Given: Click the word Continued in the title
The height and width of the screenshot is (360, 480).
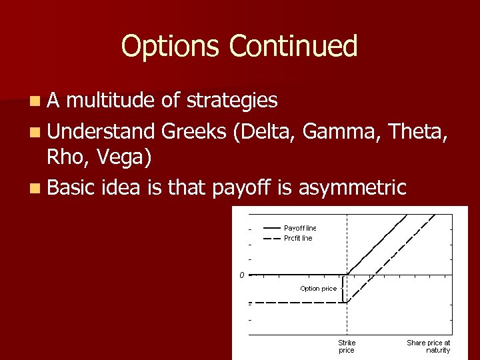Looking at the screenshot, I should [293, 47].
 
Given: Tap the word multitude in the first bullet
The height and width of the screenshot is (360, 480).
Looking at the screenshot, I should [113, 101].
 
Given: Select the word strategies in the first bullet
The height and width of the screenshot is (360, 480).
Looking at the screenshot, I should [232, 101].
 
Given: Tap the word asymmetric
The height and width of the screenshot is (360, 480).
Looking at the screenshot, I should [352, 188].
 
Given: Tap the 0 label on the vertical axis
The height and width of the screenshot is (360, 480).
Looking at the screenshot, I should [243, 275].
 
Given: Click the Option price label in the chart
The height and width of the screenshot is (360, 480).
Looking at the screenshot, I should [318, 289].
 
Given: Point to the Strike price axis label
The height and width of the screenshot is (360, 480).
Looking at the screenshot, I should [347, 346].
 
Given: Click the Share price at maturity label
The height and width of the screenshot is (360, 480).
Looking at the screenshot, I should [428, 346].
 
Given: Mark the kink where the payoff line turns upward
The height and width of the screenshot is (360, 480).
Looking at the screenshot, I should [347, 274].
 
